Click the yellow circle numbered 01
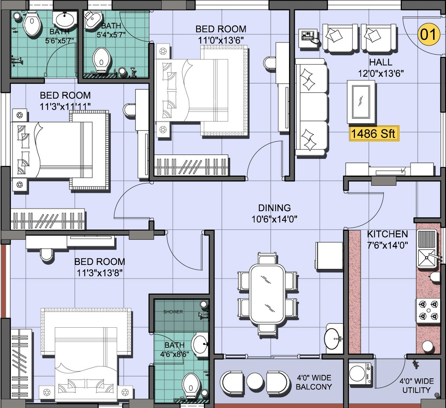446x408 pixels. (429, 34)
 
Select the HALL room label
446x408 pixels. (381, 62)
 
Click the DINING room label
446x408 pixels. (274, 208)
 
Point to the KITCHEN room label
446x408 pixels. (387, 234)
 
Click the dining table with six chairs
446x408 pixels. (267, 294)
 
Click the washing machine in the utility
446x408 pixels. (360, 374)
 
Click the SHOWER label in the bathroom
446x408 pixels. (173, 312)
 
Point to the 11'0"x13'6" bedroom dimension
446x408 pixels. (221, 41)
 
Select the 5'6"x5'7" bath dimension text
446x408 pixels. (60, 41)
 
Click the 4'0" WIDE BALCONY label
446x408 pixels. (314, 382)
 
